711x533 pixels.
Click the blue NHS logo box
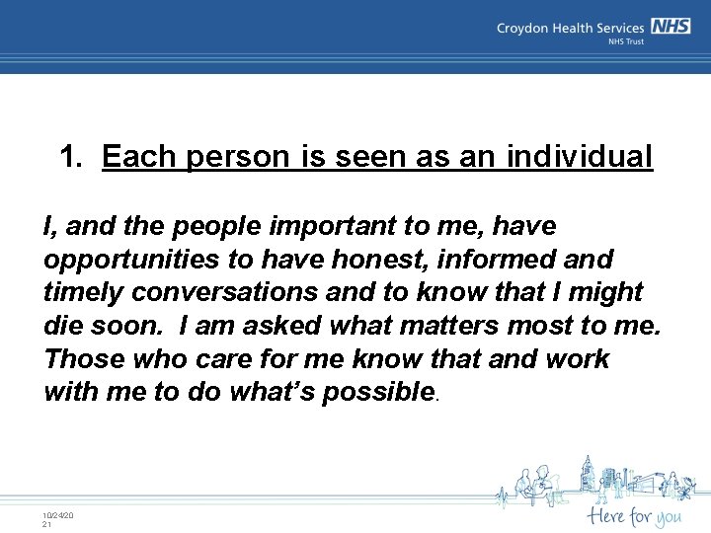tap(670, 28)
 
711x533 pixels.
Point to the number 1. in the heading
tap(74, 157)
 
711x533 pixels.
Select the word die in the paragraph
tap(63, 326)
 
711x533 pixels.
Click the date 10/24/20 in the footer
tap(57, 515)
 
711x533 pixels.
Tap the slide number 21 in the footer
tap(46, 524)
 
